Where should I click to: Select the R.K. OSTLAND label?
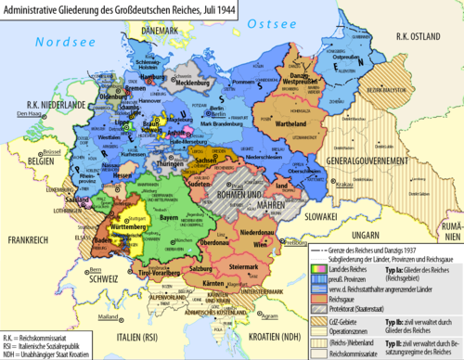[x=417, y=35]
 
